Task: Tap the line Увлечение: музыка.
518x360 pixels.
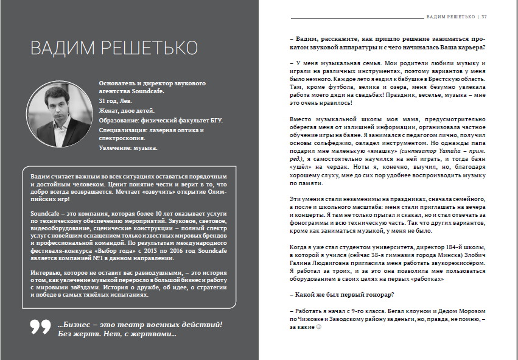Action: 128,148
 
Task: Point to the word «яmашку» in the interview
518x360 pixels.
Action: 383,149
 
